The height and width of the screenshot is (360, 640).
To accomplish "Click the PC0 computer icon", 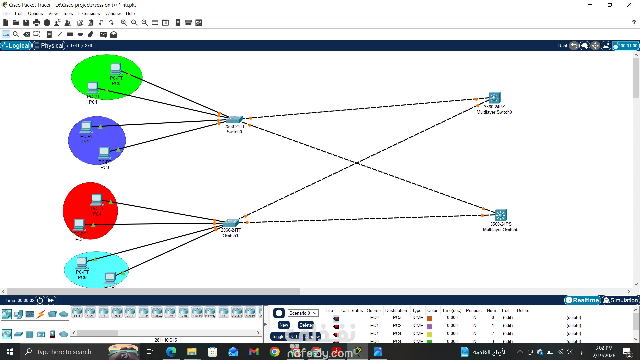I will [116, 69].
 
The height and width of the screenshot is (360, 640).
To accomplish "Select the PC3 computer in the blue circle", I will [104, 153].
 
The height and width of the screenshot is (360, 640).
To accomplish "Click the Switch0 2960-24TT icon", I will [234, 119].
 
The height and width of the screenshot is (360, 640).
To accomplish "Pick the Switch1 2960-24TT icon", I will [231, 223].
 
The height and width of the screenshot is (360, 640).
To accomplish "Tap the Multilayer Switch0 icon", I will [494, 98].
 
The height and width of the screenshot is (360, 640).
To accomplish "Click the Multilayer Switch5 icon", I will [501, 215].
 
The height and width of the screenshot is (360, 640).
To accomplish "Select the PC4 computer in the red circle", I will [97, 200].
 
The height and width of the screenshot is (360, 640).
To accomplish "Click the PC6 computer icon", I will [82, 263].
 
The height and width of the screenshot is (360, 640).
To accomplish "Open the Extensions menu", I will [89, 14].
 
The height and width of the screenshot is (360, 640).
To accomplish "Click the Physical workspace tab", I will [49, 46].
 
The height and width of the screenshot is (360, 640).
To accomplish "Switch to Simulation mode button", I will [620, 300].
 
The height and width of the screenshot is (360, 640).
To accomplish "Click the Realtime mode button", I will [582, 300].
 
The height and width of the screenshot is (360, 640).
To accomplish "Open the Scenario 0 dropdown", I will [303, 313].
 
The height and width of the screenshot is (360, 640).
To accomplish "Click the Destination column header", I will [396, 310].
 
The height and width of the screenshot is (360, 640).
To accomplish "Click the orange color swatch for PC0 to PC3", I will [429, 318].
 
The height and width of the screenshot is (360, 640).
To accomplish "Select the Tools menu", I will [68, 14].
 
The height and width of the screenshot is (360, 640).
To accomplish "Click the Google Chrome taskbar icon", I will [275, 352].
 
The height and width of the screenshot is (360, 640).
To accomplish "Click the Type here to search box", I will [64, 352].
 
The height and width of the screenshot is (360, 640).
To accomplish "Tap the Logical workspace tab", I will [16, 46].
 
